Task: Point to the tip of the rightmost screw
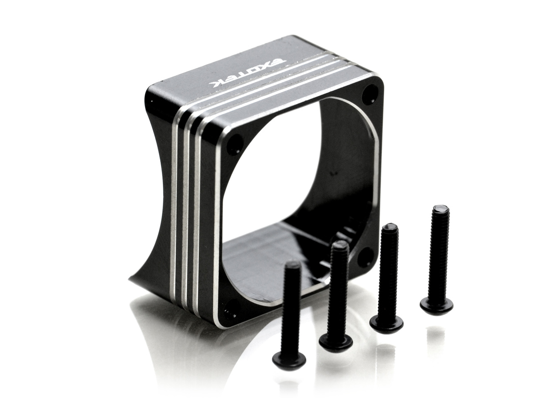click(440, 207)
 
